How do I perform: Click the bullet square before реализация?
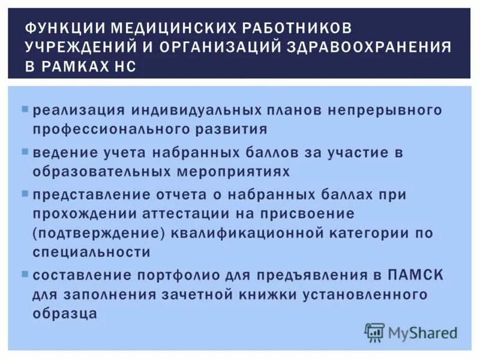pos(25,110)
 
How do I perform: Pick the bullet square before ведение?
pos(25,151)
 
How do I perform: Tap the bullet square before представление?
pos(25,193)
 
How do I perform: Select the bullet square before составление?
pos(25,273)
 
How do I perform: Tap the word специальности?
pos(92,252)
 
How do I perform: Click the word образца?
pos(65,313)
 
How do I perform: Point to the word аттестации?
pos(199,214)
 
